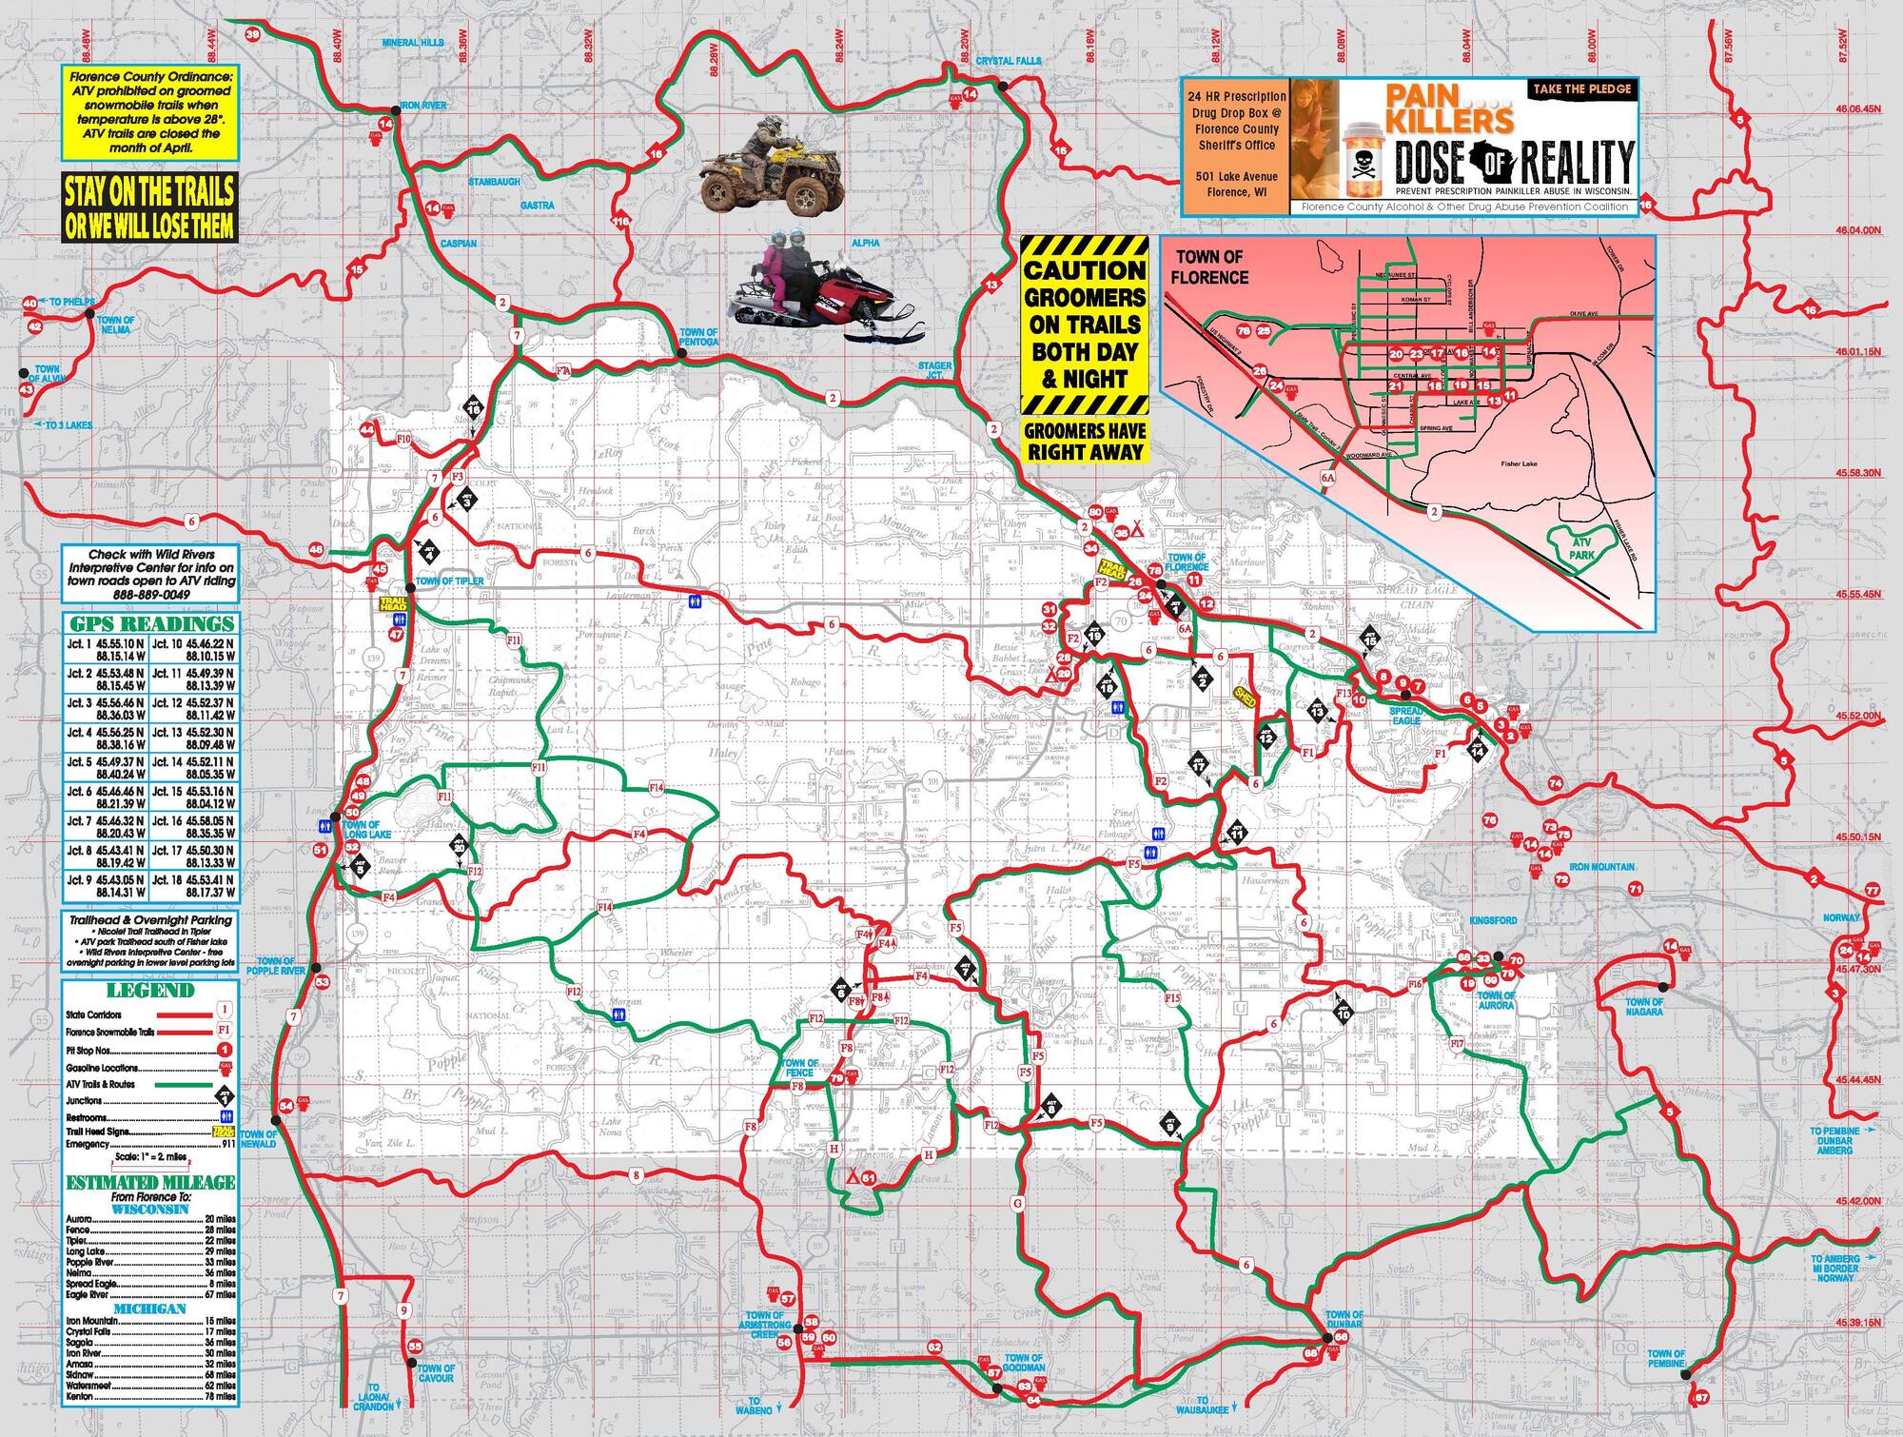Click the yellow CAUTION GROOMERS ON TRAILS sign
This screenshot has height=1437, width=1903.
pos(1085,324)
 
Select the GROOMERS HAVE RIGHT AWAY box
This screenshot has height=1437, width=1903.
pos(1085,442)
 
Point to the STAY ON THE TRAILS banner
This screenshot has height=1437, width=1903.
pos(148,207)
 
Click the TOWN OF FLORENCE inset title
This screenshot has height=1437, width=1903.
pos(1209,267)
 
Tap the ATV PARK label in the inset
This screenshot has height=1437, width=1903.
pos(1581,548)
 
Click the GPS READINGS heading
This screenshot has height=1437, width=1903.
pos(150,624)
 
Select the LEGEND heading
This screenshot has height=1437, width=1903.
pos(150,990)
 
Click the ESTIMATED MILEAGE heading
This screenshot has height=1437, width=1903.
pos(150,1182)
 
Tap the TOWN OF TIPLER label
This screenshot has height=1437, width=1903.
pos(449,581)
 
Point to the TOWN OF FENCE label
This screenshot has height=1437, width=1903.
pos(800,1068)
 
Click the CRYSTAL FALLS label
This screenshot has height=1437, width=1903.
pos(1009,61)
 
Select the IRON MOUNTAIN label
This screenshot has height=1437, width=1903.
pos(1602,867)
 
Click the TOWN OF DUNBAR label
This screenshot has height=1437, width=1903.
pos(1344,1319)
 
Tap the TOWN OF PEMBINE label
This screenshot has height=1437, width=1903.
pos(1666,1358)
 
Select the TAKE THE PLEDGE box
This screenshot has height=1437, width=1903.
pos(1582,89)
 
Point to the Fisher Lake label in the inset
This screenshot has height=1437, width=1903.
pos(1519,463)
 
